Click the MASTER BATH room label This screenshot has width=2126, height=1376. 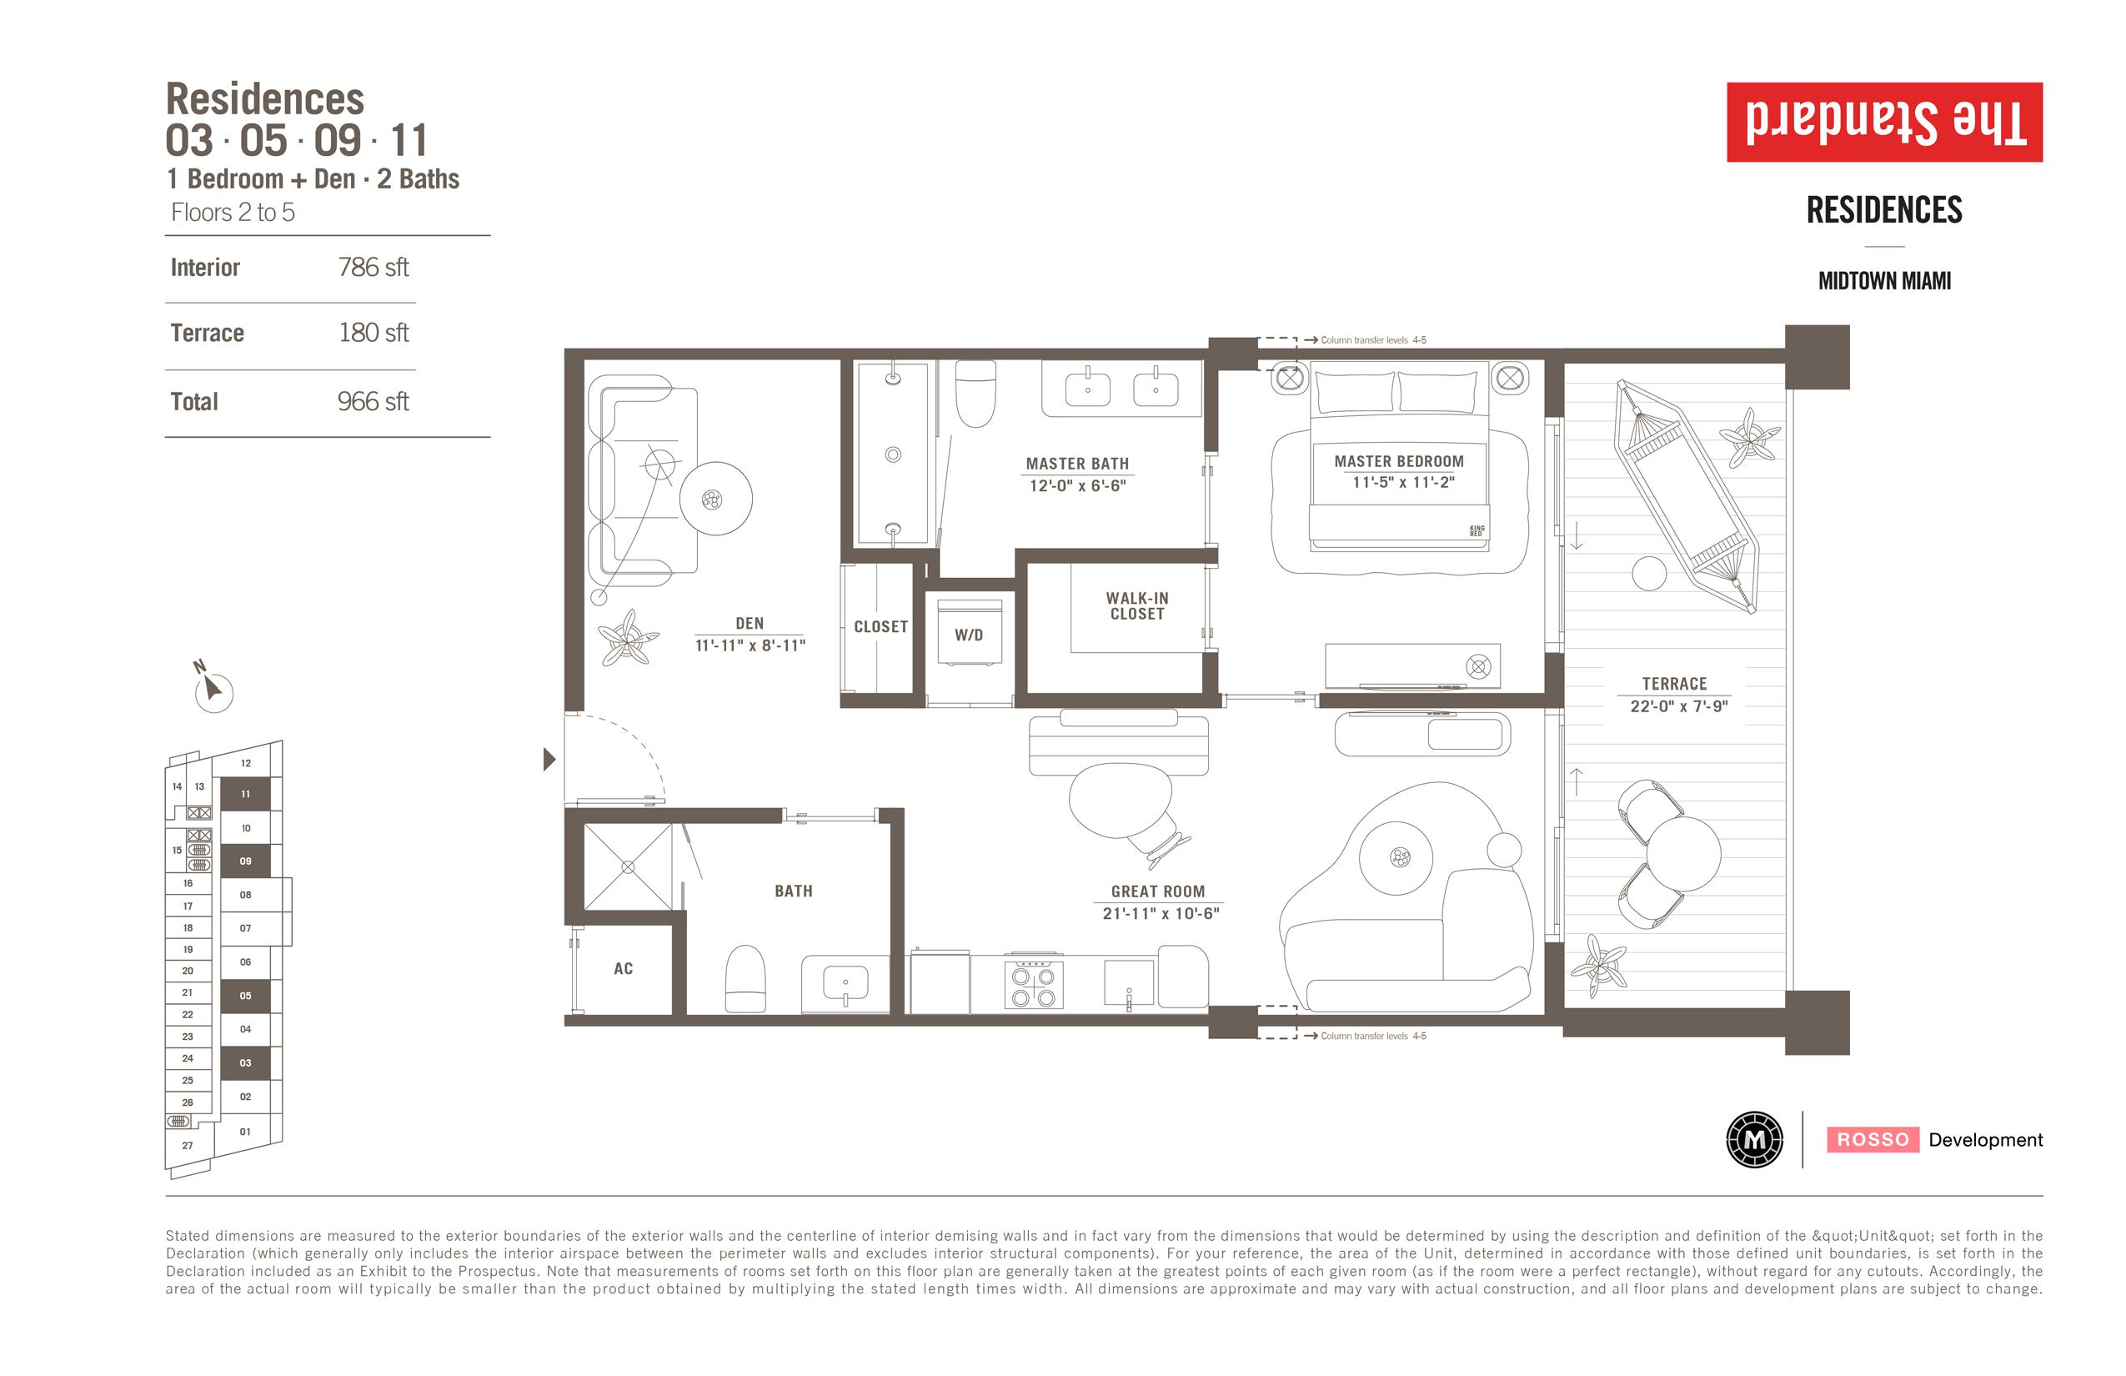[1076, 464]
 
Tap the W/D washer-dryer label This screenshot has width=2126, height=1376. [968, 635]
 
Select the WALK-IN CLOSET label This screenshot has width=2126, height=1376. [1136, 605]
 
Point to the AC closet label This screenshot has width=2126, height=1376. [623, 968]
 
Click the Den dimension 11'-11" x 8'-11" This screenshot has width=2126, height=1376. [750, 645]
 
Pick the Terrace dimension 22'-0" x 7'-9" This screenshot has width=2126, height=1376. [1678, 706]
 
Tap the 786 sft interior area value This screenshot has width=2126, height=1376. [374, 267]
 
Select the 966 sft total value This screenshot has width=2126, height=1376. [374, 401]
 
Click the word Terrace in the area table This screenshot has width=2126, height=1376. [208, 334]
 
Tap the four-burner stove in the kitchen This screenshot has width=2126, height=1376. [1034, 985]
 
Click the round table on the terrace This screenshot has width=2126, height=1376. [1683, 853]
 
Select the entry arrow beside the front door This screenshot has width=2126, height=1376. [549, 760]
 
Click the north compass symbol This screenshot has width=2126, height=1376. [212, 689]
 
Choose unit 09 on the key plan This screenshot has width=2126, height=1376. [245, 861]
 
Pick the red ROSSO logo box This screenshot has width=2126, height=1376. [1873, 1139]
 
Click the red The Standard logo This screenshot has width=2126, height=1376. [1884, 123]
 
